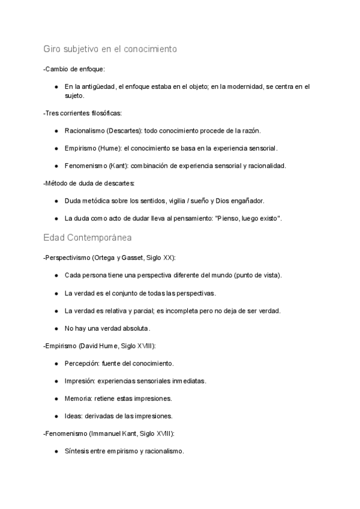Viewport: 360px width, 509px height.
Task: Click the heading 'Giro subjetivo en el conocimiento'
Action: click(110, 49)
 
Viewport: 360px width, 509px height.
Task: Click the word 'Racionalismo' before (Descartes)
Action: click(83, 130)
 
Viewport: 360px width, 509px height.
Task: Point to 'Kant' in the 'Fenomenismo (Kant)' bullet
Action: click(117, 166)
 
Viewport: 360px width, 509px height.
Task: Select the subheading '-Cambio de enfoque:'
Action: click(74, 69)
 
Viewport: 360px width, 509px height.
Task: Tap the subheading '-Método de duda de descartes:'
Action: click(89, 183)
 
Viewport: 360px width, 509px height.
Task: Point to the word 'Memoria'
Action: click(78, 398)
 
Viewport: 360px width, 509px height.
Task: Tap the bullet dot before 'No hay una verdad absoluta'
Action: click(56, 328)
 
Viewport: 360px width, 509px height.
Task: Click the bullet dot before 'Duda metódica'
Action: click(56, 201)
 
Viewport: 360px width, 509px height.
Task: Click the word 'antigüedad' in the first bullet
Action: click(98, 87)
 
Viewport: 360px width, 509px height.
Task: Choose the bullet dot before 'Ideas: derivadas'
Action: click(56, 416)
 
